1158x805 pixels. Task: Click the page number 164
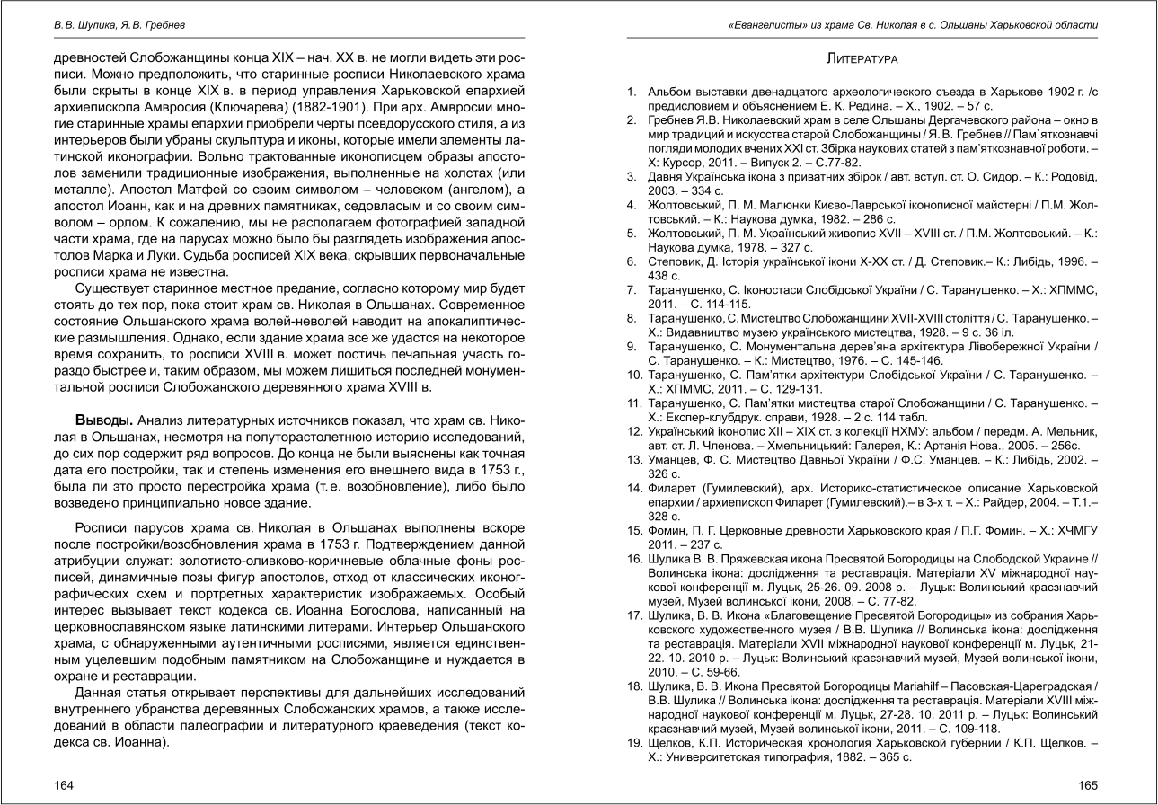63,784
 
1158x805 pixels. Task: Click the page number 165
1088,784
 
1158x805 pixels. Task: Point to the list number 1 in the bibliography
632,92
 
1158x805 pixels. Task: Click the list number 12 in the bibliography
633,432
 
